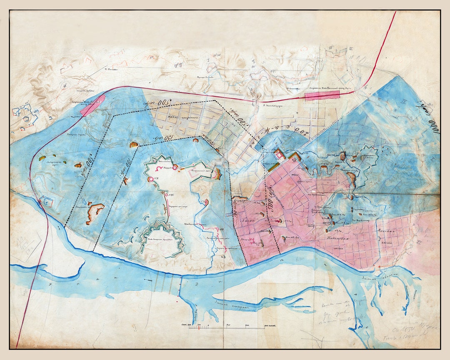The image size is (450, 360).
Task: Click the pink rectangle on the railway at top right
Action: tap(322, 96)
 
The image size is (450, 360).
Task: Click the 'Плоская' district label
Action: tap(382, 230)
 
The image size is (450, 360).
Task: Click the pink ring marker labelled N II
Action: tap(151, 179)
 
